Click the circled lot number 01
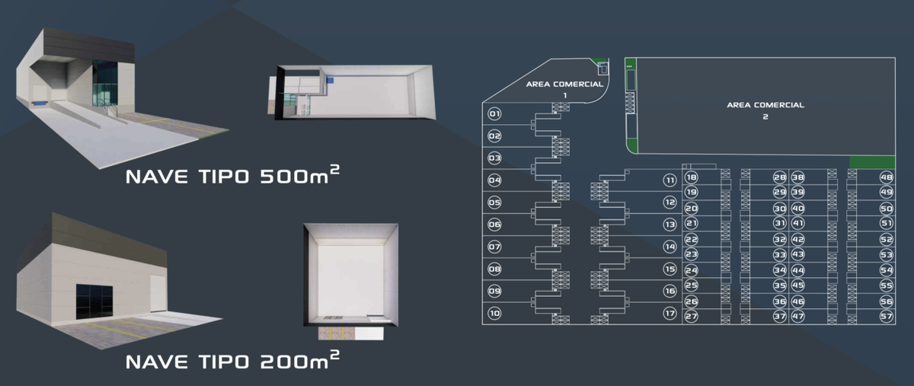click(x=494, y=114)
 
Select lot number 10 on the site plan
click(x=494, y=314)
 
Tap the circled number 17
click(x=670, y=314)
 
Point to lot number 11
click(x=670, y=180)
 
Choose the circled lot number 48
click(x=887, y=177)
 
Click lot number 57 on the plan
click(x=887, y=316)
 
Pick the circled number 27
click(x=692, y=316)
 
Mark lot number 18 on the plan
click(x=692, y=177)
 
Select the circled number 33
click(x=780, y=254)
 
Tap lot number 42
click(x=798, y=239)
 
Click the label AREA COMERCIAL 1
click(x=564, y=89)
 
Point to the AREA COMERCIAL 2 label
click(x=765, y=110)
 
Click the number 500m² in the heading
click(x=299, y=175)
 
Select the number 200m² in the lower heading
click(x=299, y=360)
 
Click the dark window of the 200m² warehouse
click(x=94, y=302)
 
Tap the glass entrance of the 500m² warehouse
click(x=105, y=84)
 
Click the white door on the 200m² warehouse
click(x=158, y=294)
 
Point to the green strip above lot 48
click(x=872, y=162)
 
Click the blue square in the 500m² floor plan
click(x=330, y=81)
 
